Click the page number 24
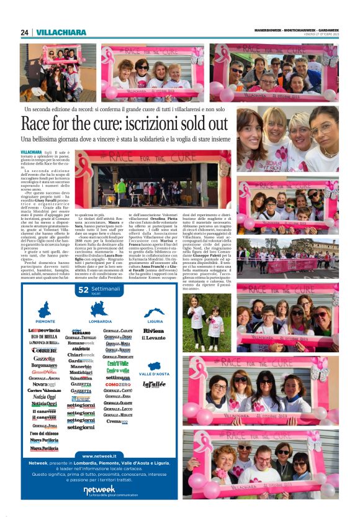24,32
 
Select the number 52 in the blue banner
83,289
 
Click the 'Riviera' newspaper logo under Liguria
153,331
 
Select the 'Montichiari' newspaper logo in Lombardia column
81,372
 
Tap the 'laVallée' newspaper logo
154,384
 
